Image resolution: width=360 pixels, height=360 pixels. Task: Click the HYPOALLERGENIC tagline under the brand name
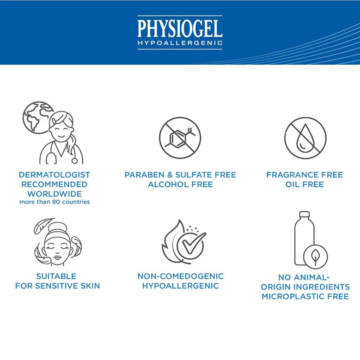[180, 43]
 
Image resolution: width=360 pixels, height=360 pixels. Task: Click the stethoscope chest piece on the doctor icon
[75, 161]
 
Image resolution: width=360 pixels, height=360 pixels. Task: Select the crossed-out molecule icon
[180, 138]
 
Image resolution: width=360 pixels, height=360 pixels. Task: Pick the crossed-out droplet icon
[305, 138]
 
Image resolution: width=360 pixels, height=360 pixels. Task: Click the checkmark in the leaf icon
[194, 243]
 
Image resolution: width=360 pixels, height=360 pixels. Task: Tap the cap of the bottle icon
[304, 214]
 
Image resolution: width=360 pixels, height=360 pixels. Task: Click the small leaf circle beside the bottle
[315, 257]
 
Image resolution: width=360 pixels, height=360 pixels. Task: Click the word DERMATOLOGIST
[54, 175]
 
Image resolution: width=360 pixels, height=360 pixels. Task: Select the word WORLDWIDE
[54, 194]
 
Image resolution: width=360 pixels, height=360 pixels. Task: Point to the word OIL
[292, 184]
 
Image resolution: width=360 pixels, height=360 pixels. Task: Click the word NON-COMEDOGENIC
[180, 276]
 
